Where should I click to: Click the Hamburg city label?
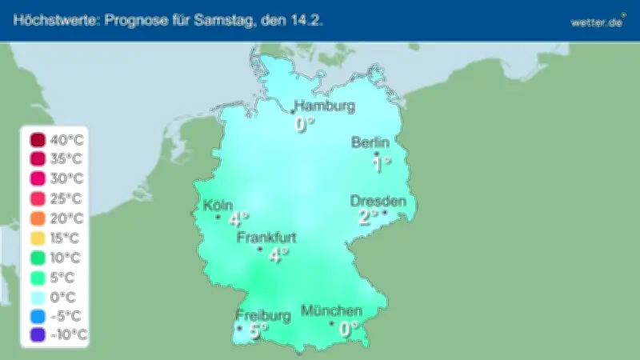tap(325, 106)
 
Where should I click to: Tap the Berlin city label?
tap(370, 142)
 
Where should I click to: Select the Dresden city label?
tap(378, 201)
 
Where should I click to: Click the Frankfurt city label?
tap(267, 238)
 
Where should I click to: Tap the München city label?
tap(331, 310)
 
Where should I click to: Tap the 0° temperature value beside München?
tap(347, 328)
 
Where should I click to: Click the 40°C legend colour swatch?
tap(38, 140)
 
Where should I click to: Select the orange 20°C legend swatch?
tap(38, 218)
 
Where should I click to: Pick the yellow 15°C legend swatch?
tap(38, 238)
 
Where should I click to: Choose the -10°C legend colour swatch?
tap(38, 335)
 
